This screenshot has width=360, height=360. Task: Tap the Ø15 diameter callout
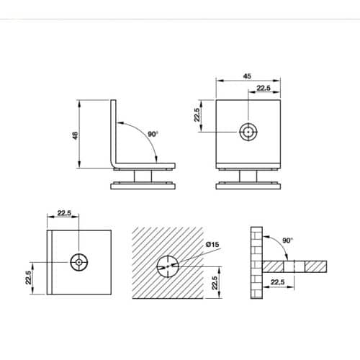click(x=213, y=246)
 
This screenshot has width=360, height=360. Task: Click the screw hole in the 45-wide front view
click(x=248, y=132)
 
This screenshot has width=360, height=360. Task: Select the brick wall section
click(x=256, y=264)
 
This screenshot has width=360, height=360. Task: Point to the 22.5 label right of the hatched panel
click(x=214, y=277)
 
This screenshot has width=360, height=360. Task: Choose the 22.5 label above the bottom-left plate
click(x=63, y=213)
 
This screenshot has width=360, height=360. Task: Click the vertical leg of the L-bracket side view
click(x=112, y=133)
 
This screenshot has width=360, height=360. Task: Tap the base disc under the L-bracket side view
click(x=143, y=186)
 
